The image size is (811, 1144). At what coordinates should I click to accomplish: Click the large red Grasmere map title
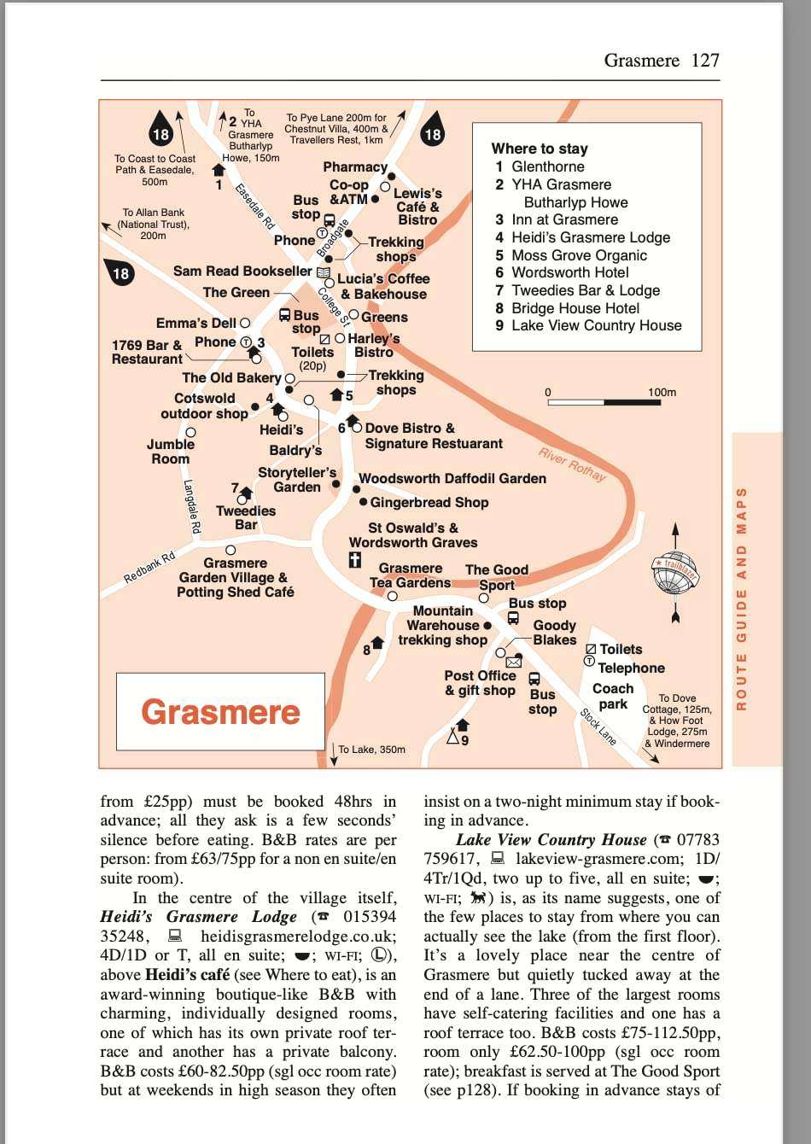coord(220,712)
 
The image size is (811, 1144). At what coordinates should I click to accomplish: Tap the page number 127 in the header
coord(705,61)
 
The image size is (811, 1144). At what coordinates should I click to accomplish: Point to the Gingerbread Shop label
coord(429,503)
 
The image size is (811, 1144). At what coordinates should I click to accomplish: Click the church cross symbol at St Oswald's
coord(355,561)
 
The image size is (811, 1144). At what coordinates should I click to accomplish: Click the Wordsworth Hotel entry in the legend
coord(569,272)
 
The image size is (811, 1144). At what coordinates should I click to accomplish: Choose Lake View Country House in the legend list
coord(596,325)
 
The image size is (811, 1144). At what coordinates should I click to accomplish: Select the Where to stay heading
coord(540,149)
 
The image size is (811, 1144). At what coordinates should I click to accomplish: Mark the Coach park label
coord(613,696)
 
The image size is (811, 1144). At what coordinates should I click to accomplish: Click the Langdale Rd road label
coord(192,506)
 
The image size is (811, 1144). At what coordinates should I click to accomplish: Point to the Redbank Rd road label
coord(149,568)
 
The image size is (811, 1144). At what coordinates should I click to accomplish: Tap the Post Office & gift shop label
coord(480,683)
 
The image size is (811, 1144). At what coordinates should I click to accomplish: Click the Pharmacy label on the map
coord(355,167)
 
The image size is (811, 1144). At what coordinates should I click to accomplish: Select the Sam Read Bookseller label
coord(242,271)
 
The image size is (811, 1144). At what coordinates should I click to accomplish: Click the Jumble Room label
coord(171,452)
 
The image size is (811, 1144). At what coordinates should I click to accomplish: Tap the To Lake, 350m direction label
coord(371,750)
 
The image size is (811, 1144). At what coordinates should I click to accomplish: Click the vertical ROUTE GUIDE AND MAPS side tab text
coord(741,598)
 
